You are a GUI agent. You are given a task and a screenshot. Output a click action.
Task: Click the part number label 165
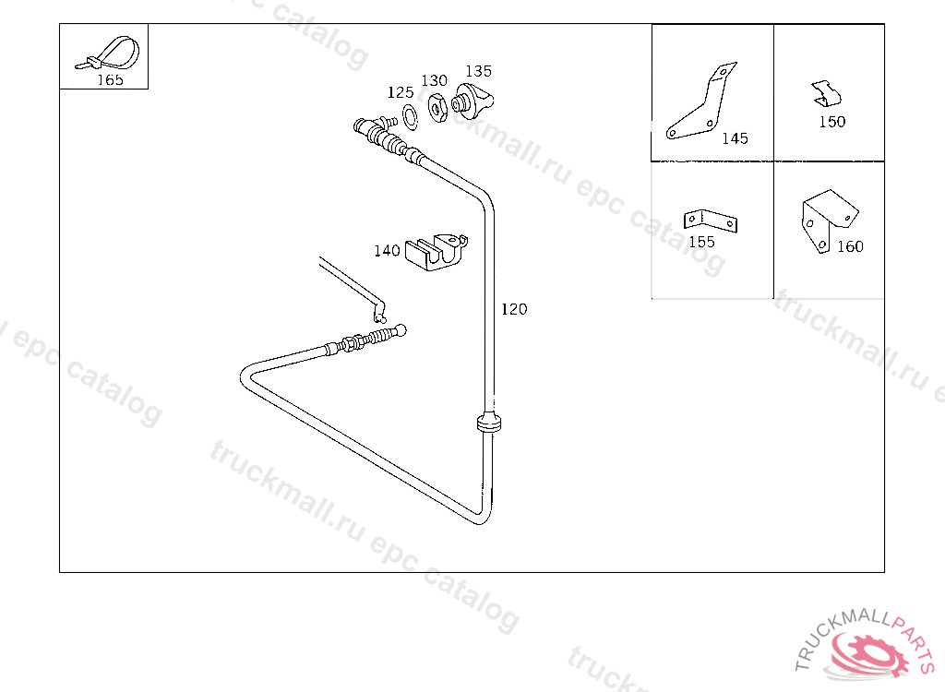(111, 79)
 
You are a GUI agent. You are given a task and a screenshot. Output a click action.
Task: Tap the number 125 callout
(401, 92)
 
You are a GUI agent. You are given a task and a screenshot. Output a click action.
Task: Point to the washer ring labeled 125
(410, 117)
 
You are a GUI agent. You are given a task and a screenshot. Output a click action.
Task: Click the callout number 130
(434, 81)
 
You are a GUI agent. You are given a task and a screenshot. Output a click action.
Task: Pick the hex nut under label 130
(437, 107)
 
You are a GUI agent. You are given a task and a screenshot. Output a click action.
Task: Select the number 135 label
(479, 71)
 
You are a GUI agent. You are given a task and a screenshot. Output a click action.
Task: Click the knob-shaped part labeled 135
(472, 101)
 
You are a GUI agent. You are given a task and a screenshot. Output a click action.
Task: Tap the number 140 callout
(387, 250)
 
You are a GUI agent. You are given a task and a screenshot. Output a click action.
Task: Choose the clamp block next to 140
(437, 251)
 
